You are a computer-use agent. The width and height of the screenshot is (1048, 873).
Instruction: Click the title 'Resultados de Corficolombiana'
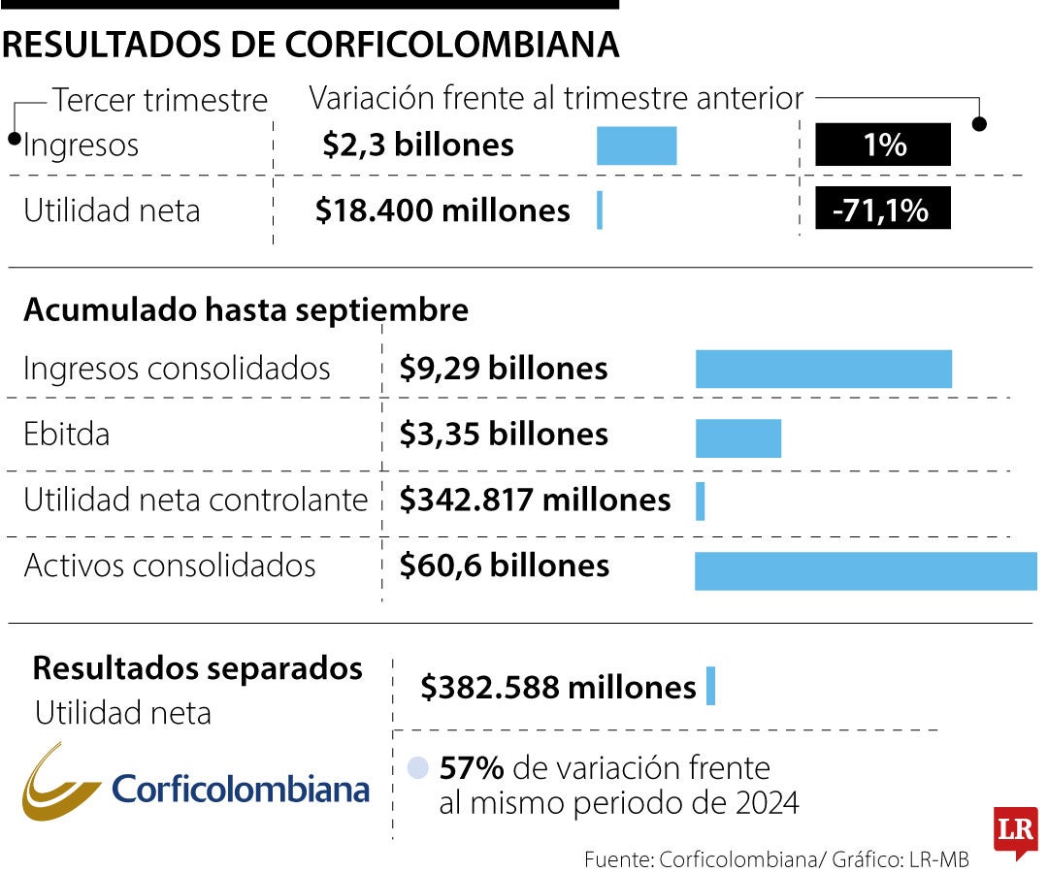point(311,45)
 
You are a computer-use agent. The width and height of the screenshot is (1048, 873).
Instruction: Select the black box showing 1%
point(882,145)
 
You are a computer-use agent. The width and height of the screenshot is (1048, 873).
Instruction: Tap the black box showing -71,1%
point(882,210)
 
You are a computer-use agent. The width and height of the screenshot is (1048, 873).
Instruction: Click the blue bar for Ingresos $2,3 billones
point(636,145)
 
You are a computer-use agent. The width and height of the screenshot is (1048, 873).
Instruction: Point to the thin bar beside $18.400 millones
point(600,210)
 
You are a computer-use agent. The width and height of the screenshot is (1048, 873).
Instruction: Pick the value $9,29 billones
point(504,369)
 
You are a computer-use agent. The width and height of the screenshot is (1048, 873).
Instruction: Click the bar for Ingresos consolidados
point(823,370)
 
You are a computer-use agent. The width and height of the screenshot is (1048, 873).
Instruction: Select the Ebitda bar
point(737,437)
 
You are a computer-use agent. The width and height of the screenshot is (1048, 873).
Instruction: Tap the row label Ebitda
point(66,434)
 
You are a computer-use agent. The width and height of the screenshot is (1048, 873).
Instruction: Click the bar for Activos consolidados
point(866,569)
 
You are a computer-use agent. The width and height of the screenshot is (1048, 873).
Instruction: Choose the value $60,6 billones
point(505,566)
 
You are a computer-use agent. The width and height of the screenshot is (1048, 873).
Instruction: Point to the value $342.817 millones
point(535,500)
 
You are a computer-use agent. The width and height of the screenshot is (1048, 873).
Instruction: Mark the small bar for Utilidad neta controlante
point(701,501)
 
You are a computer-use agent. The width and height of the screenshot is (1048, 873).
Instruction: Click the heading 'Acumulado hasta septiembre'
point(246,310)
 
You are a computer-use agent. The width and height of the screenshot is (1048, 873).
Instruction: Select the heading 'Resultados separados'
point(198,668)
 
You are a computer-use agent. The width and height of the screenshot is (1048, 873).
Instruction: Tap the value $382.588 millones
point(558,687)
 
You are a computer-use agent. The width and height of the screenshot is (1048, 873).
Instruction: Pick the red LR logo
point(1015,831)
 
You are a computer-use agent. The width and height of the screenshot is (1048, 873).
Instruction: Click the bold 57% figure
point(472,768)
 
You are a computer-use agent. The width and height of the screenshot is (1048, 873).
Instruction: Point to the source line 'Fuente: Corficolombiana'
point(776,858)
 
